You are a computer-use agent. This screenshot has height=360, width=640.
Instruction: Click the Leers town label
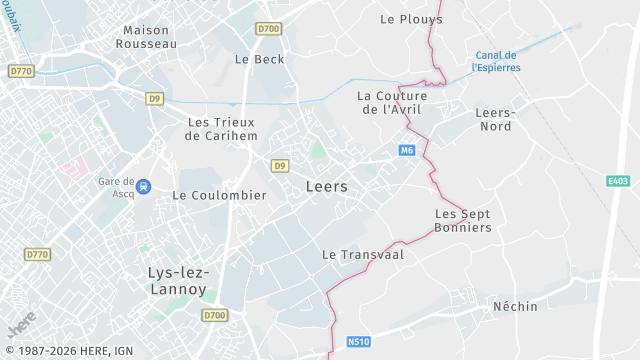(x=326, y=187)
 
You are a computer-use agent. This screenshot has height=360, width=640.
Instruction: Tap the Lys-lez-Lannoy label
(x=177, y=281)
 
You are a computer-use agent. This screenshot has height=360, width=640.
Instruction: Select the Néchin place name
(x=515, y=306)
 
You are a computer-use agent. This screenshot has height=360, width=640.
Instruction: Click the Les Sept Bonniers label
(x=463, y=221)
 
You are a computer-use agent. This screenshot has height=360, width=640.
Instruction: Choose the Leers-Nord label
(x=494, y=120)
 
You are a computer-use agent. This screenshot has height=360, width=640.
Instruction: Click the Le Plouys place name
(x=411, y=19)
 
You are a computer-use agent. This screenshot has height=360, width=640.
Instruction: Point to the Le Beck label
(x=259, y=59)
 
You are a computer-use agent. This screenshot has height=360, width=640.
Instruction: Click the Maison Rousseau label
(x=146, y=37)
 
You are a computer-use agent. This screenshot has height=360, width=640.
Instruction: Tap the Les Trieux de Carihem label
(x=223, y=128)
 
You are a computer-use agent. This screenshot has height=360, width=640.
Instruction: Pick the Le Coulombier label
(x=219, y=195)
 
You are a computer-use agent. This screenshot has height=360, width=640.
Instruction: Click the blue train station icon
(x=143, y=185)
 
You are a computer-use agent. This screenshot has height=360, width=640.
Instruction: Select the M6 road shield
(x=406, y=150)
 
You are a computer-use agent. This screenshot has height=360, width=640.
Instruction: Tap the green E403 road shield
(x=618, y=181)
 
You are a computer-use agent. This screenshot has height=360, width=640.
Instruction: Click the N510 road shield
(x=359, y=342)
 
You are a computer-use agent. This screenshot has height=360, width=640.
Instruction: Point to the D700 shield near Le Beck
(x=268, y=29)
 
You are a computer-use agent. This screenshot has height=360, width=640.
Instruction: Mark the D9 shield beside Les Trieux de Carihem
(x=154, y=98)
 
